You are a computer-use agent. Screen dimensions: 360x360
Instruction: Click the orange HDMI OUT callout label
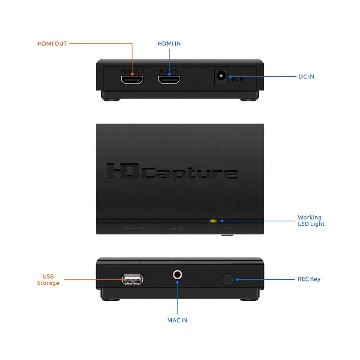(x=52, y=44)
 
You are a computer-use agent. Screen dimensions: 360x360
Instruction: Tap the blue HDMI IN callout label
(x=169, y=44)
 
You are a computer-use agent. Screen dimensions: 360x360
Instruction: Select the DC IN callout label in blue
(x=306, y=77)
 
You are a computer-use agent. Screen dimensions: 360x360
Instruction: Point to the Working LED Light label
(x=311, y=221)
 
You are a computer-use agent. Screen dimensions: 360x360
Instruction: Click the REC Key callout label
(x=309, y=279)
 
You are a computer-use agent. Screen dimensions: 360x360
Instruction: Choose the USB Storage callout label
(x=48, y=280)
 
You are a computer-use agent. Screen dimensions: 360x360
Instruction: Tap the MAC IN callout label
(x=177, y=320)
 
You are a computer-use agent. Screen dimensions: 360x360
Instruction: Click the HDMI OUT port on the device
(x=132, y=80)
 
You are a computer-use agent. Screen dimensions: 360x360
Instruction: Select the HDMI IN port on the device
(x=169, y=80)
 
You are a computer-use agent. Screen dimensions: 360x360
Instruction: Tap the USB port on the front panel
(x=132, y=279)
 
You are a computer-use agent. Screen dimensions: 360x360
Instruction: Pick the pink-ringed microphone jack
(x=177, y=275)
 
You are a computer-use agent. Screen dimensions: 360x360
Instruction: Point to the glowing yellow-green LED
(x=213, y=221)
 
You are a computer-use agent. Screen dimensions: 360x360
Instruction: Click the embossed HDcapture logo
(x=172, y=172)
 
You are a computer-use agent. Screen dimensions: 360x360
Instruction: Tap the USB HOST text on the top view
(x=133, y=229)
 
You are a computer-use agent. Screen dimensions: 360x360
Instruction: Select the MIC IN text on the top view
(x=176, y=229)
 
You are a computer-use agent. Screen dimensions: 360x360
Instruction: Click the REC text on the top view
(x=228, y=229)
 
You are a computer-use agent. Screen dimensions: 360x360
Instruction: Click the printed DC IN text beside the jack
(x=238, y=79)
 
